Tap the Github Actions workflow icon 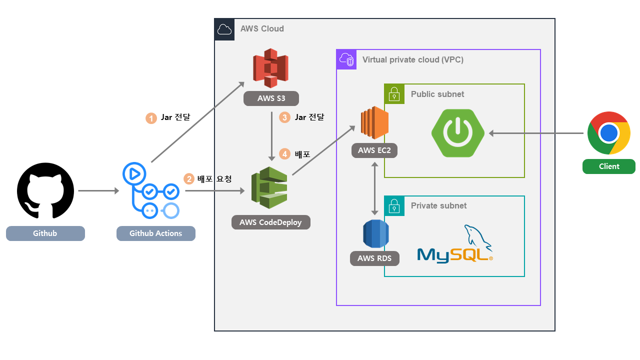[x=150, y=190]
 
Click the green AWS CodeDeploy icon [x=269, y=188]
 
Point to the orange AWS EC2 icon [x=375, y=123]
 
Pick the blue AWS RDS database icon [x=375, y=233]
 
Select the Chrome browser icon [x=608, y=133]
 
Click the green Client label [x=608, y=166]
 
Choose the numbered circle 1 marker [x=151, y=118]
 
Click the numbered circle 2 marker [x=189, y=179]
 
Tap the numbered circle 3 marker [x=285, y=117]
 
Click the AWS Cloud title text [x=262, y=29]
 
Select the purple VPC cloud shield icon [x=346, y=59]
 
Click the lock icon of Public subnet [x=394, y=94]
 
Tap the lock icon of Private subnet [x=394, y=205]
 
